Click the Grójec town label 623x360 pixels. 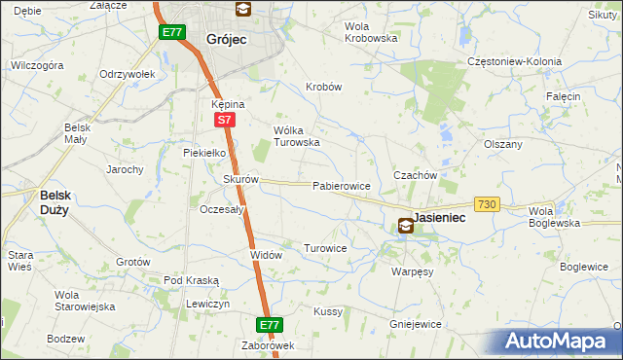[227, 40]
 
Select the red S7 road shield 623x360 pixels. [224, 120]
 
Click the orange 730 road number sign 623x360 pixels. [488, 203]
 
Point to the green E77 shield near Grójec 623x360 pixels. [172, 32]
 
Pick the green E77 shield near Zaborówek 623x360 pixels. [270, 324]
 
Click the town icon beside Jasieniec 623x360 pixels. [405, 226]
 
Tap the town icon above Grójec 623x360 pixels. [242, 10]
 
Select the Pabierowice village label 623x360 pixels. [341, 186]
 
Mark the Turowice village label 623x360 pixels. [325, 248]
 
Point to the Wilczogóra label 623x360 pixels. [37, 65]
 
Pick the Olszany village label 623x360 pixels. [503, 144]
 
